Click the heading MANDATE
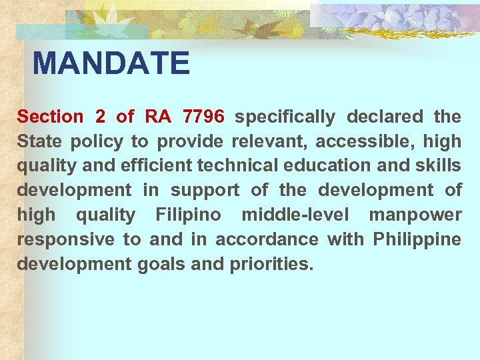click(x=111, y=64)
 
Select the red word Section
click(x=50, y=117)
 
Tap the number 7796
click(x=203, y=117)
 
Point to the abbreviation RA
click(x=158, y=117)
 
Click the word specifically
click(x=285, y=117)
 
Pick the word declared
click(x=385, y=117)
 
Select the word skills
click(x=439, y=166)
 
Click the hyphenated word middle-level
click(x=295, y=215)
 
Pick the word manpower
click(x=415, y=215)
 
